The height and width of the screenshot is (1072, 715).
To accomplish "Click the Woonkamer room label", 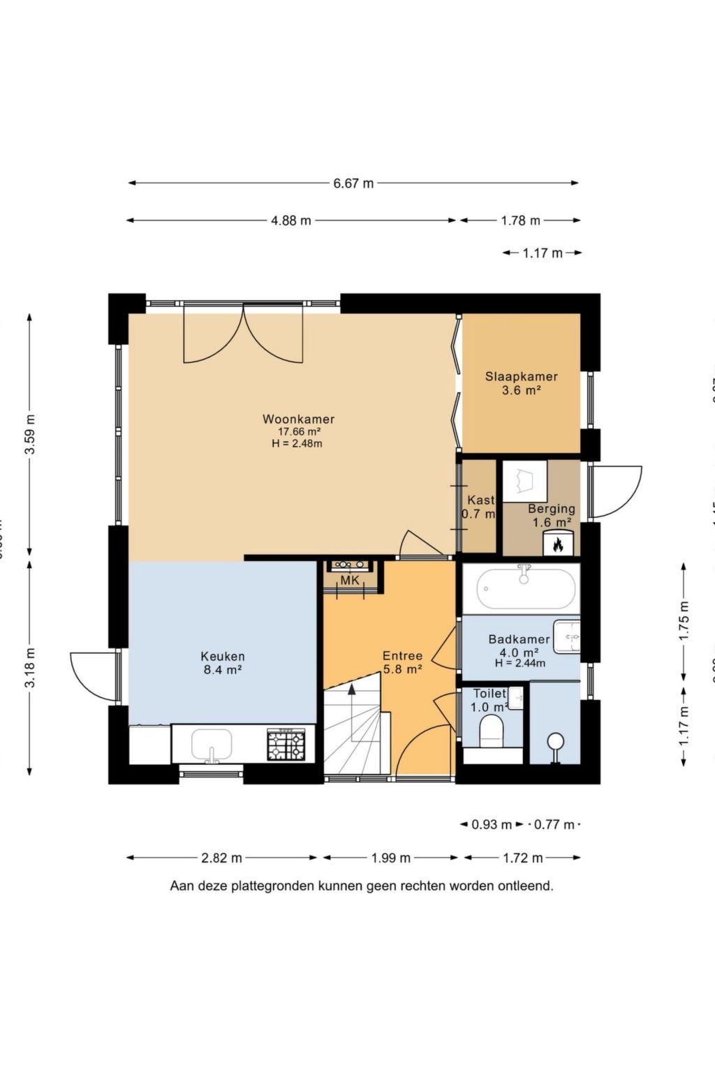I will pos(298,419).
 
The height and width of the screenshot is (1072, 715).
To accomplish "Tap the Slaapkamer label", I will pos(522,376).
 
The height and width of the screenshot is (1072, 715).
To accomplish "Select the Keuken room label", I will pos(223,656).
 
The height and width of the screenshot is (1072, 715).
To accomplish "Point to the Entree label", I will pos(402,655).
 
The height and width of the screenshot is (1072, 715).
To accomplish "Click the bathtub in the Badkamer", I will pos(527,589).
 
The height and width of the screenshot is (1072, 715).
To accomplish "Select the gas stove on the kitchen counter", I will pos(286,744).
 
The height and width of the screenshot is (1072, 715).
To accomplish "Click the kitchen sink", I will pos(212,745).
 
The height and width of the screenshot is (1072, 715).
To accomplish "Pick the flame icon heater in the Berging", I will pos(558,544).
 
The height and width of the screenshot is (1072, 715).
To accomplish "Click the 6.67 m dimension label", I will pos(353,184).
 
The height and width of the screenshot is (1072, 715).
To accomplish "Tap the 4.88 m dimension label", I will pos(291,221).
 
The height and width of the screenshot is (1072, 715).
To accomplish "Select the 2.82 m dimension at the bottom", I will pos(222,858).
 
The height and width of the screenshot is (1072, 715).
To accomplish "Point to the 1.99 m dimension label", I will pos(391,858).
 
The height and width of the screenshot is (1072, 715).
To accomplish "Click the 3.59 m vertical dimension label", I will pos(30,435).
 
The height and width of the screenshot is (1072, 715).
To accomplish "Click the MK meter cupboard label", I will pos(350,581).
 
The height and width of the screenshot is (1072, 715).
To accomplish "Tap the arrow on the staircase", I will pos(352,690).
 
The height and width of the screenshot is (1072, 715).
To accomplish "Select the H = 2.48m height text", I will pos(297,443).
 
